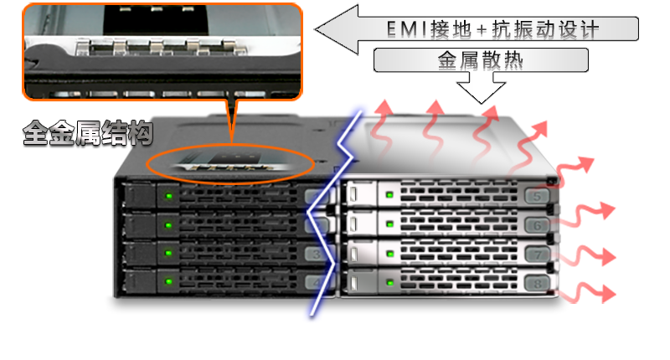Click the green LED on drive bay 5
point(389,195)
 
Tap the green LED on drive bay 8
point(389,282)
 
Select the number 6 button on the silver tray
point(537,224)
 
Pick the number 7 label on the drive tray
point(537,255)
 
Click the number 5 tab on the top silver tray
point(537,197)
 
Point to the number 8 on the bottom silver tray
point(537,283)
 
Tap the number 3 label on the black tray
point(317,255)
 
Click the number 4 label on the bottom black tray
point(317,282)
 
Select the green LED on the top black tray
point(169,196)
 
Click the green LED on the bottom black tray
point(169,281)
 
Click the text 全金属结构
point(88,133)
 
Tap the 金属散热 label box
point(481,60)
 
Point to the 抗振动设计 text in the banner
point(546,29)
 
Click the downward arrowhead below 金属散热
point(481,93)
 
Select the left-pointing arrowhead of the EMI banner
point(337,29)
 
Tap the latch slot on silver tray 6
point(353,224)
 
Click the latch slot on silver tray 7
point(353,254)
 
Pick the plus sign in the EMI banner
point(481,30)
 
